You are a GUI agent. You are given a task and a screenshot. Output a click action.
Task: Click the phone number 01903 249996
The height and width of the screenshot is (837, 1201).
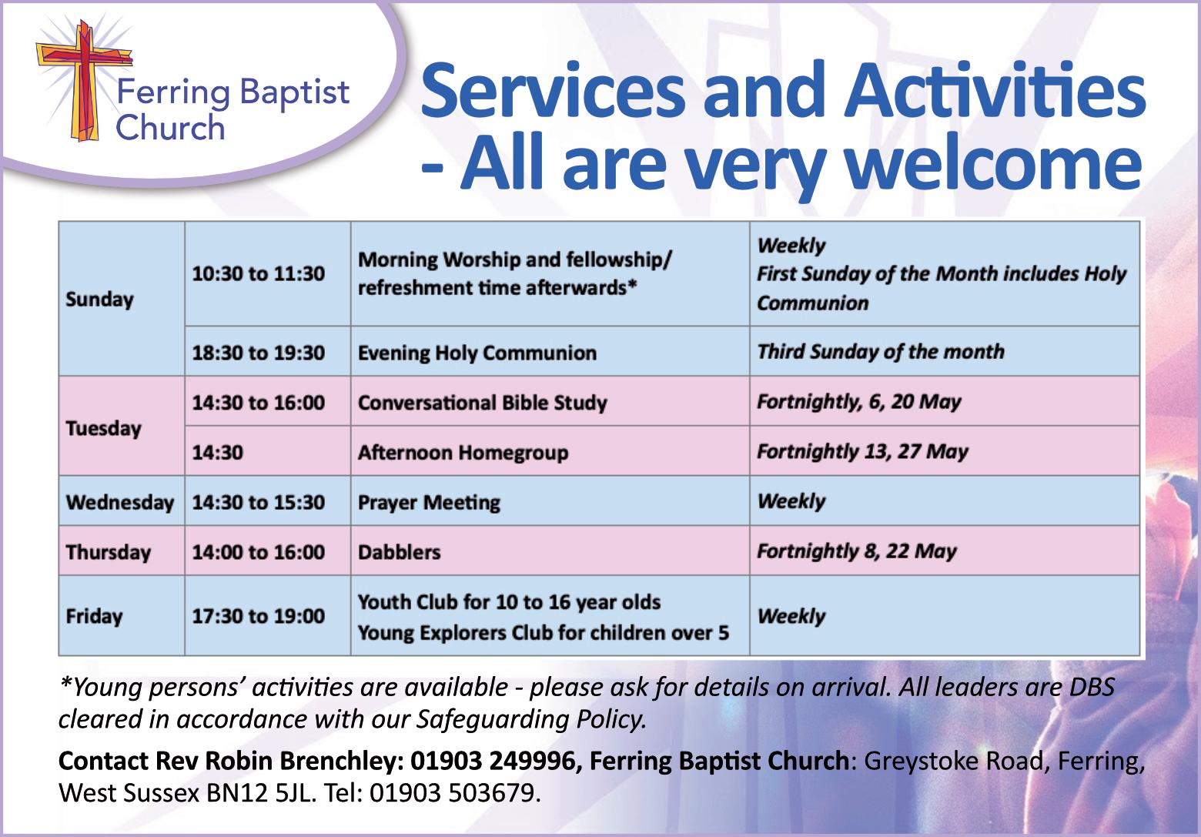click(493, 761)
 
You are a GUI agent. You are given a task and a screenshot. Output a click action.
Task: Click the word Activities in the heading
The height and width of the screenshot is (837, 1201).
click(995, 90)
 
